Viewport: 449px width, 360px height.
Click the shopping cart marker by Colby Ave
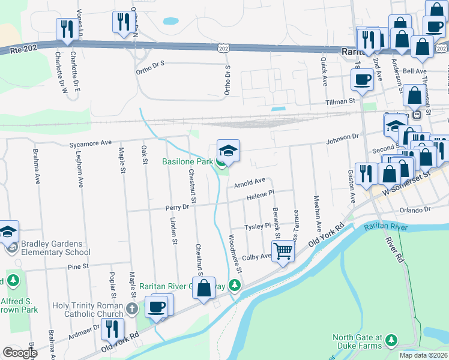tap(283, 250)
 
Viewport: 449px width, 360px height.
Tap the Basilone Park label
tap(187, 161)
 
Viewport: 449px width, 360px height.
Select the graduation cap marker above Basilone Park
tap(228, 151)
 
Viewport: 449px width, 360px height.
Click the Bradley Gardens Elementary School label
tap(46, 248)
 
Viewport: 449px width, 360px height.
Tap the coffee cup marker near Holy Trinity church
tap(157, 307)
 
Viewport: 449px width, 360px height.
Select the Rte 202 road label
tap(23, 52)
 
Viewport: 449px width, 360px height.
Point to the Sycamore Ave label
tap(91, 143)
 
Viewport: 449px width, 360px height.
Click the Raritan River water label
tap(385, 227)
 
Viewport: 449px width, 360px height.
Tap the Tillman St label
tap(340, 102)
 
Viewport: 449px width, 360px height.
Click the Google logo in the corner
tap(20, 352)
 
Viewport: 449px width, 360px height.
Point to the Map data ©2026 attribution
tap(423, 355)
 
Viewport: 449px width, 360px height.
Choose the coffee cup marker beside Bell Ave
tap(363, 79)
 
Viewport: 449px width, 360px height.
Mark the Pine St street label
tap(78, 266)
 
